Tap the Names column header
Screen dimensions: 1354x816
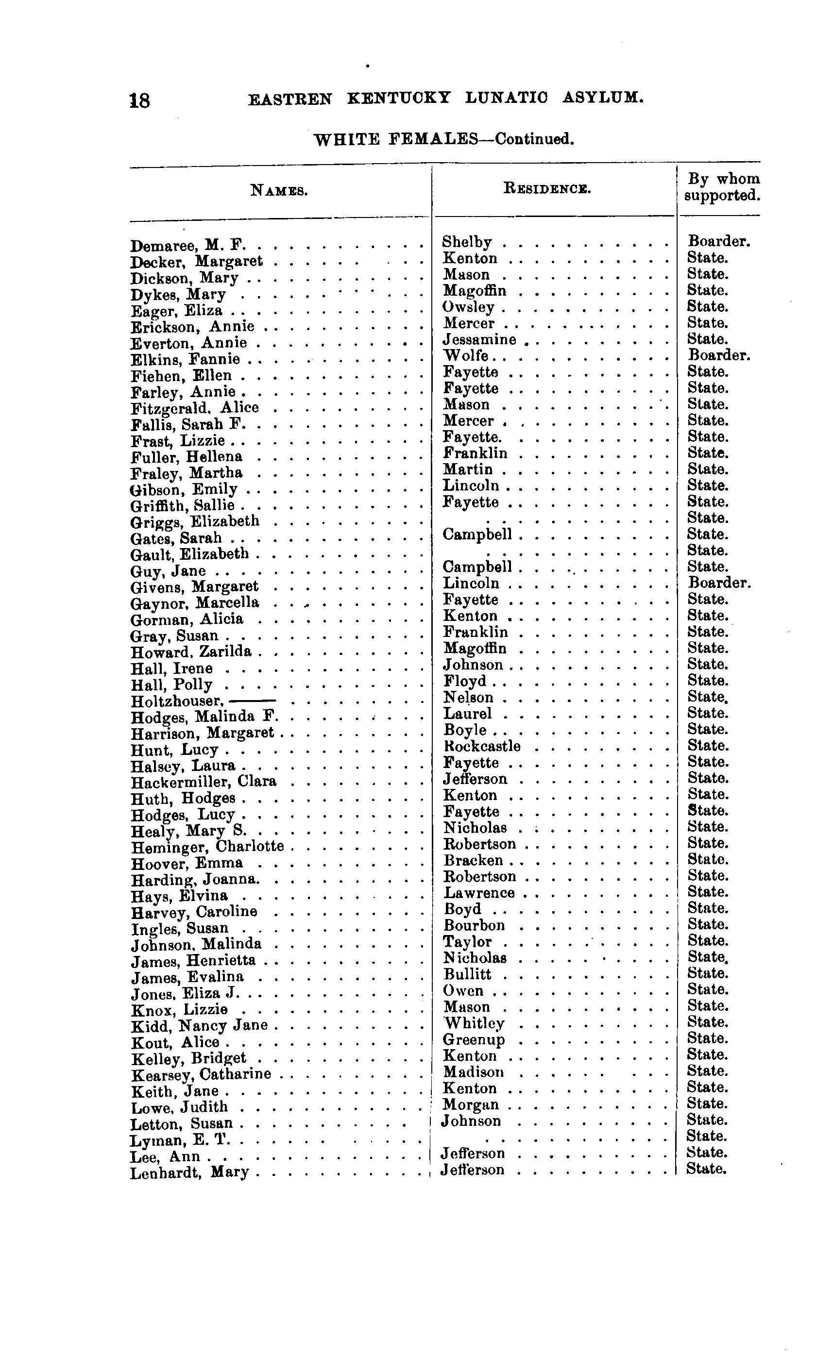(279, 191)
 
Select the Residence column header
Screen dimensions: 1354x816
(547, 188)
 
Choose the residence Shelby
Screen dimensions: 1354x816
(467, 242)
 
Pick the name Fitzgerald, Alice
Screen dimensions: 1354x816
(195, 408)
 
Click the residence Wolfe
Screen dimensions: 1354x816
(466, 355)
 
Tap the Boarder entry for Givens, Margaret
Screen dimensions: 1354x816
(719, 583)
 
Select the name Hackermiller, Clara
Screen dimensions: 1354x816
(204, 782)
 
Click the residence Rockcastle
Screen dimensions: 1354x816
(482, 746)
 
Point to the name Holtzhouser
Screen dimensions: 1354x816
(176, 702)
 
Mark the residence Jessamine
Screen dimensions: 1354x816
(479, 340)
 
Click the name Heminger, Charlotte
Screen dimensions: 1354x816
(207, 847)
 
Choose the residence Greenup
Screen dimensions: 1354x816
(474, 1040)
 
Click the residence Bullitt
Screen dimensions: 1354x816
(467, 974)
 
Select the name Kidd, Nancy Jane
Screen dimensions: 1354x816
(199, 1026)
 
